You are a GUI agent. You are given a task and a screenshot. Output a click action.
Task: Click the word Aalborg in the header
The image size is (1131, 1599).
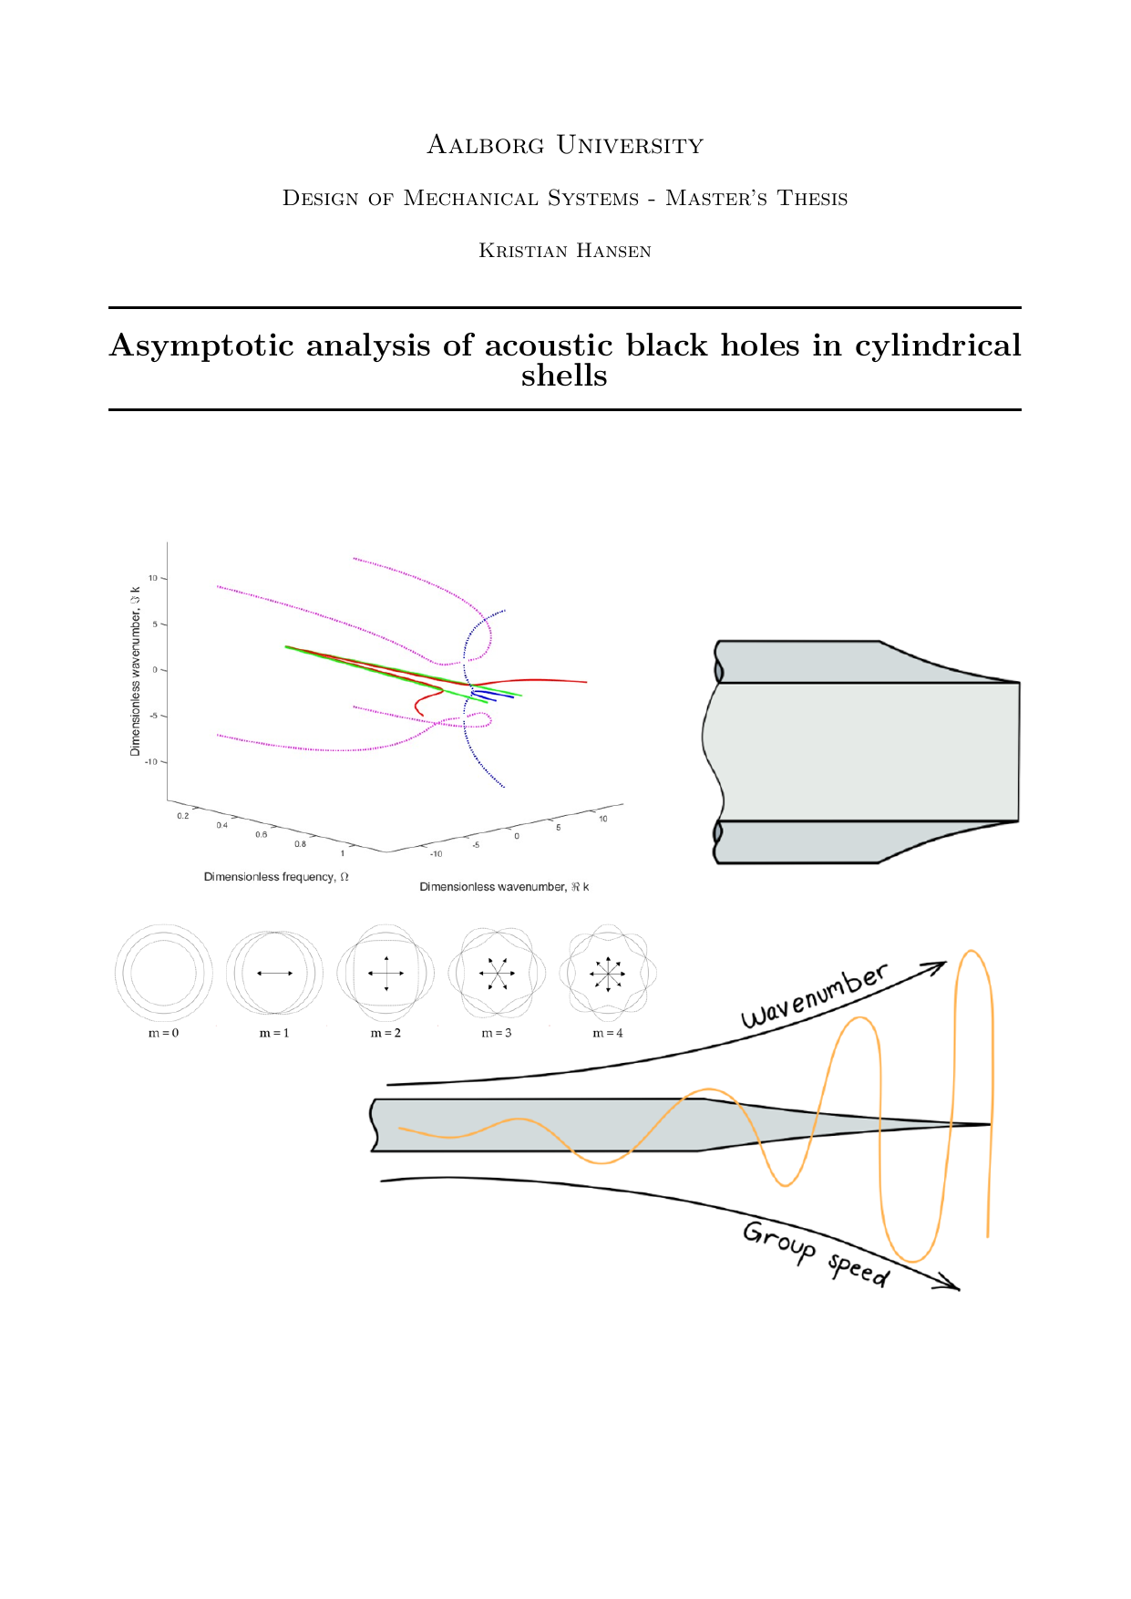(x=486, y=146)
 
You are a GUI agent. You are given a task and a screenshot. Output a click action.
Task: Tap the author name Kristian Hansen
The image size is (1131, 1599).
(x=565, y=252)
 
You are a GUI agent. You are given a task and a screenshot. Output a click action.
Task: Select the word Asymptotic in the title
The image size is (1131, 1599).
(x=201, y=346)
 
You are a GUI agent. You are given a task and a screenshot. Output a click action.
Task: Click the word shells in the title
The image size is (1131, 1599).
(x=564, y=376)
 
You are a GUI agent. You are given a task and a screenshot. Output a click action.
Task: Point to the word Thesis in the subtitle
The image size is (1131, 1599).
(x=812, y=199)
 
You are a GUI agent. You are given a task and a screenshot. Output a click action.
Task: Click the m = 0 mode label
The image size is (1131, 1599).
(x=164, y=1033)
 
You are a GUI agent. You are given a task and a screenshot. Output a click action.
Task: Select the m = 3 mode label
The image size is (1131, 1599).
(x=497, y=1033)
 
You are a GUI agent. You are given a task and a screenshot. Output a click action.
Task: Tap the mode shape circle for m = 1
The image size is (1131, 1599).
(x=274, y=973)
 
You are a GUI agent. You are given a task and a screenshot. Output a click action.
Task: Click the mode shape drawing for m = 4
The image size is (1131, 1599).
(x=608, y=973)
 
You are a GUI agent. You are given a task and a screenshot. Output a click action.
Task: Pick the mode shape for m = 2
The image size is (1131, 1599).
(x=386, y=973)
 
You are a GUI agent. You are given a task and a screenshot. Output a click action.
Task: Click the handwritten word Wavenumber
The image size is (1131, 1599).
(x=813, y=996)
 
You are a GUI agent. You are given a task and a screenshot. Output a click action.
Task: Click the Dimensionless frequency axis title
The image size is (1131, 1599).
(x=276, y=877)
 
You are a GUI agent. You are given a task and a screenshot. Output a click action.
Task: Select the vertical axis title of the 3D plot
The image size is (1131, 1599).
(x=136, y=670)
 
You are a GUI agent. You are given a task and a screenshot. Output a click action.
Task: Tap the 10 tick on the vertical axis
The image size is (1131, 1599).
(x=153, y=578)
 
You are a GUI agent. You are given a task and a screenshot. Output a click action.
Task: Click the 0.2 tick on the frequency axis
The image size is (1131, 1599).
(x=183, y=816)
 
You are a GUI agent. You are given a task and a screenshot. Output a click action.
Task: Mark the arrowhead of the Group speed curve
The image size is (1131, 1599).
(x=951, y=1285)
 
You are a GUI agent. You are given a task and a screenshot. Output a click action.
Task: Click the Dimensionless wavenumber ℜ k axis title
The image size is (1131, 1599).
(x=504, y=887)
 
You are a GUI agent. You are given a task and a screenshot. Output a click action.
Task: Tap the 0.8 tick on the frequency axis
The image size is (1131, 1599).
(x=300, y=844)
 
